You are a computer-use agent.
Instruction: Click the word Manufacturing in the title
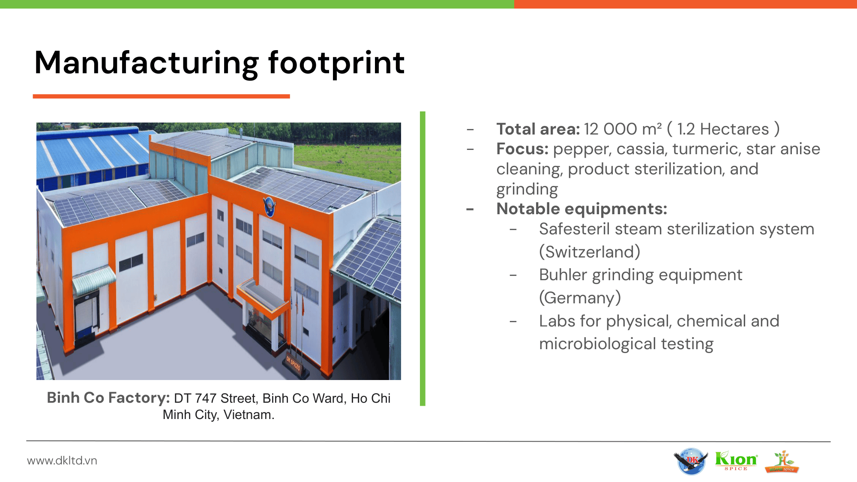click(147, 63)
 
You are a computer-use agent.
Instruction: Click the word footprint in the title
click(336, 63)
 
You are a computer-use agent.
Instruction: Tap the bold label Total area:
click(538, 129)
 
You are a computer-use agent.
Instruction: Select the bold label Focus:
click(522, 149)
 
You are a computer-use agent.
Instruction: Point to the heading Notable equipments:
click(581, 209)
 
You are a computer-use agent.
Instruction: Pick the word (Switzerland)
click(590, 252)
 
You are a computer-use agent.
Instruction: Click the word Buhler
click(563, 275)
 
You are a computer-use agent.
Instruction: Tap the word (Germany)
click(580, 298)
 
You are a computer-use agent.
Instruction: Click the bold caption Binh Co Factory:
click(108, 398)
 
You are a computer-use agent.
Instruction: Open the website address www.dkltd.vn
click(62, 461)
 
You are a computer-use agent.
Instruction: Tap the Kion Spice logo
click(736, 461)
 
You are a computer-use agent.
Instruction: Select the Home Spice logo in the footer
click(782, 462)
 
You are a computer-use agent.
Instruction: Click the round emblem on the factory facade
click(270, 207)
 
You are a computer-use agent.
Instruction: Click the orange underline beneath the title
click(162, 96)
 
